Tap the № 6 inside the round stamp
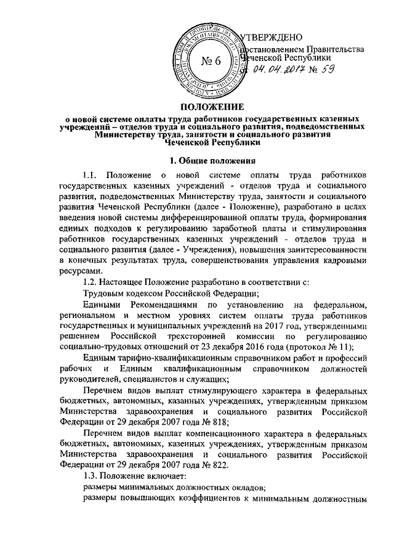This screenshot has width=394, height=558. tap(211, 61)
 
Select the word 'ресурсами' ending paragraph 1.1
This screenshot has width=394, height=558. tap(79, 271)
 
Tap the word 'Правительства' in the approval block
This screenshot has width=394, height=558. tap(335, 48)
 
